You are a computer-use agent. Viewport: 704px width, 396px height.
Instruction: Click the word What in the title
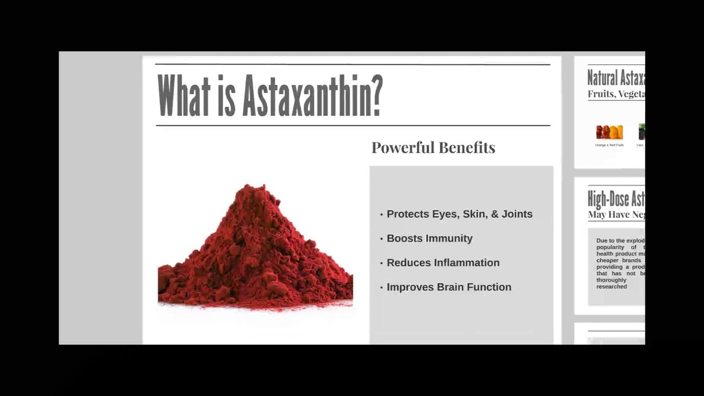point(184,96)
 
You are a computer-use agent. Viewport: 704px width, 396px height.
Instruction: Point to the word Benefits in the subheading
point(470,147)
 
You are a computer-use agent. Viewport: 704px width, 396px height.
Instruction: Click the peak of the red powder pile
point(257,188)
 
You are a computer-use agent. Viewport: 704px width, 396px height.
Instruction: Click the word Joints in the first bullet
point(516,214)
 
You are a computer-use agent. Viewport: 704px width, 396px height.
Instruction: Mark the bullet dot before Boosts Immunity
point(382,239)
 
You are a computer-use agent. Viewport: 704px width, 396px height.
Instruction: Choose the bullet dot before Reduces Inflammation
point(382,263)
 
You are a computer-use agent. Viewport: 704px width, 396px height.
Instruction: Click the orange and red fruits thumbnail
point(609,132)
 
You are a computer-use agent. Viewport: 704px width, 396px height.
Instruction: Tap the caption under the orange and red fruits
point(609,145)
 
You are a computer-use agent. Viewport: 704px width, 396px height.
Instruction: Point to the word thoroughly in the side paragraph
point(611,280)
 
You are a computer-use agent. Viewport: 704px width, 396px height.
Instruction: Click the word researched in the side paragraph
point(612,287)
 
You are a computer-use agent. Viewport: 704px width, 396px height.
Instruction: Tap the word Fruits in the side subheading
point(600,94)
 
